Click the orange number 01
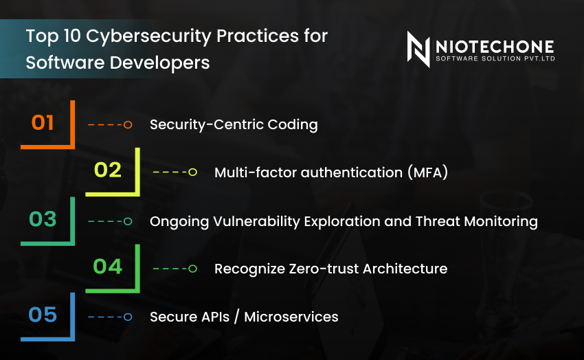[43, 123]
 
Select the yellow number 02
[108, 170]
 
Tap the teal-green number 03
[43, 220]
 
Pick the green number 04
[108, 267]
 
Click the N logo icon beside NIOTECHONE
[418, 49]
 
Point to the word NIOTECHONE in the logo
[495, 46]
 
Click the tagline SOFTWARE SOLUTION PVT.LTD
[495, 59]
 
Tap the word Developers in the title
[164, 63]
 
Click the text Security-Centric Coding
[234, 124]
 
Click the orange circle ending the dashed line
[128, 125]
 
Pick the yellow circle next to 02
[192, 172]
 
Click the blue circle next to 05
[128, 317]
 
